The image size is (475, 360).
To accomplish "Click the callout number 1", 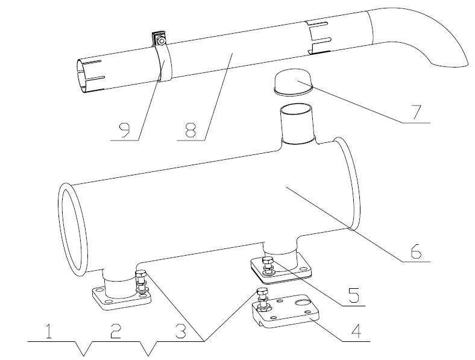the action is pyautogui.click(x=48, y=331).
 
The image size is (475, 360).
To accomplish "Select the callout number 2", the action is pyautogui.click(x=116, y=331).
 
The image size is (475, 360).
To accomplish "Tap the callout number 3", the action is pyautogui.click(x=181, y=331).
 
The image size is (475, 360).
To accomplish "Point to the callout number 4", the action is pyautogui.click(x=356, y=331).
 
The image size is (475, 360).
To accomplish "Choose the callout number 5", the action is pyautogui.click(x=353, y=295).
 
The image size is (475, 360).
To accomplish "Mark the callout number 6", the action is pyautogui.click(x=416, y=251).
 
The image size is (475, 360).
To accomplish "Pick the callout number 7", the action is pyautogui.click(x=417, y=112).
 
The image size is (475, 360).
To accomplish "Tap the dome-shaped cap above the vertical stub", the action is pyautogui.click(x=293, y=82).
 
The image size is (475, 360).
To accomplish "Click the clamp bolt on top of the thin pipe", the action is pyautogui.click(x=162, y=40).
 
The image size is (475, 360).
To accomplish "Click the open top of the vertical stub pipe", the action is pyautogui.click(x=295, y=109).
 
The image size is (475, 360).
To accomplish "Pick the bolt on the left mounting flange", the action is pyautogui.click(x=141, y=282).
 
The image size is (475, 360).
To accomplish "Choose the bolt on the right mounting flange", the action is pyautogui.click(x=268, y=266).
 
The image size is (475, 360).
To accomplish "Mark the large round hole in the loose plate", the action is pyautogui.click(x=303, y=302).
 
